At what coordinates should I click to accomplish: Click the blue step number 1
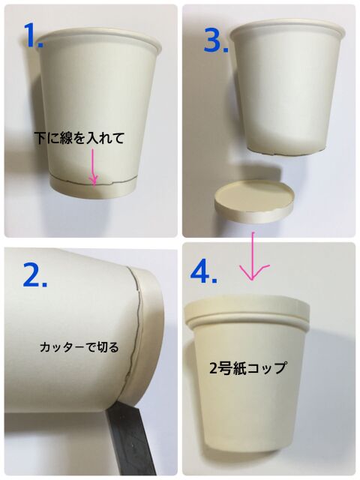(x=33, y=35)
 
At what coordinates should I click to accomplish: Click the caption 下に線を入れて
(x=79, y=138)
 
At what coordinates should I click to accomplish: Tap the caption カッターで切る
(x=79, y=347)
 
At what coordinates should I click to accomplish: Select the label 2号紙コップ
(x=247, y=367)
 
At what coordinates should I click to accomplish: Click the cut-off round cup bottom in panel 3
(x=255, y=200)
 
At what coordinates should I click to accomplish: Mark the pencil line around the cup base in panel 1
(x=93, y=181)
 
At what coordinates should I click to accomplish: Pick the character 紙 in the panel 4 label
(x=240, y=367)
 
